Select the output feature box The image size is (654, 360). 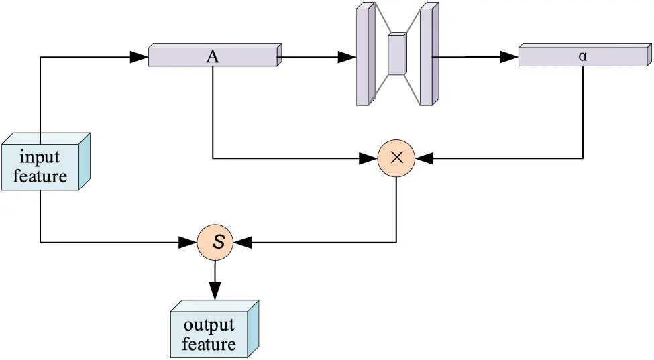click(x=210, y=333)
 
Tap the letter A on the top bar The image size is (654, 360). click(x=213, y=57)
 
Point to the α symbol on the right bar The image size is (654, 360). click(x=582, y=56)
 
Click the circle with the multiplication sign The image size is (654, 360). click(x=396, y=158)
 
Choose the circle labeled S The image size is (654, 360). click(x=215, y=242)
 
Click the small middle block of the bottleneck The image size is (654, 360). click(x=396, y=54)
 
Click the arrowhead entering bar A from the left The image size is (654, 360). click(x=140, y=57)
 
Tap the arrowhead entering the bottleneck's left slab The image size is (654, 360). click(x=347, y=58)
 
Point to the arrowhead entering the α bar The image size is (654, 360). click(x=509, y=58)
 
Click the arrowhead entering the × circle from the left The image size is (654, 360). click(x=368, y=158)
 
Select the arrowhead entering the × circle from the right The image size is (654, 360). click(x=425, y=158)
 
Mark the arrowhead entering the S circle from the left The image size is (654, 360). click(x=188, y=242)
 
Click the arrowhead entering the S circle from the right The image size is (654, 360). click(x=242, y=242)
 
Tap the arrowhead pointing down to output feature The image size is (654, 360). click(x=215, y=290)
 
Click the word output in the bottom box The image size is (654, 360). click(x=209, y=326)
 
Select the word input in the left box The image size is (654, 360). click(x=40, y=158)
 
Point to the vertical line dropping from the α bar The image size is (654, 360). click(x=582, y=114)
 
